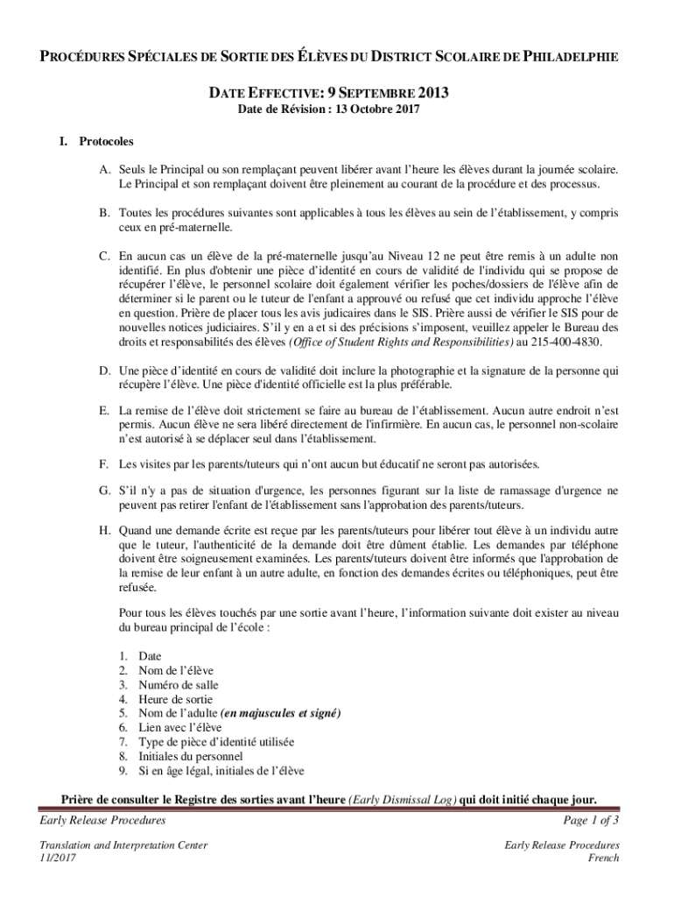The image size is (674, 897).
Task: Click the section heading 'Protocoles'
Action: point(107,141)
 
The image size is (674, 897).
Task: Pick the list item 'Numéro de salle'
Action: point(179,685)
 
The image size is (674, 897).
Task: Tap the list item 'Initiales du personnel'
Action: point(190,757)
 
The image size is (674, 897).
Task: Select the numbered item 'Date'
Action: point(150,656)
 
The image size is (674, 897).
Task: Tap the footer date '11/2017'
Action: point(58,858)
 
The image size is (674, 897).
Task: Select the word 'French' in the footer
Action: point(604,858)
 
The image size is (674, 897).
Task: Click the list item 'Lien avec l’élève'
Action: point(179,728)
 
